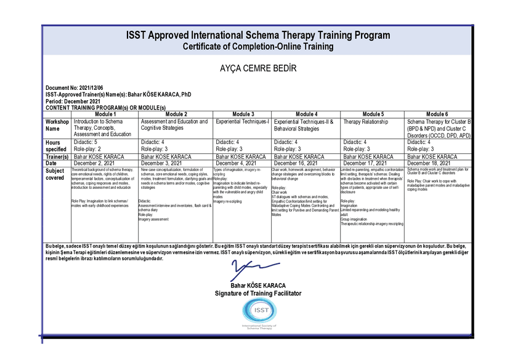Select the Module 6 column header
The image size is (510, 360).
click(437, 114)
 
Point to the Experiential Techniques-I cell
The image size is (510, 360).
click(243, 122)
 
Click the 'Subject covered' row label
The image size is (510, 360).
click(55, 174)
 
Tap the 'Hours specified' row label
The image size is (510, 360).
click(56, 146)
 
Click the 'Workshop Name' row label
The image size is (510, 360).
click(57, 126)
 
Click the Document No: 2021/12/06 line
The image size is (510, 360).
click(75, 89)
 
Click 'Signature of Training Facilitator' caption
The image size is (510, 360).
click(254, 294)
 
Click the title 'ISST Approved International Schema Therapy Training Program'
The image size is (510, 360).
click(257, 35)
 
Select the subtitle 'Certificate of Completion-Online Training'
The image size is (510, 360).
click(257, 46)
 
